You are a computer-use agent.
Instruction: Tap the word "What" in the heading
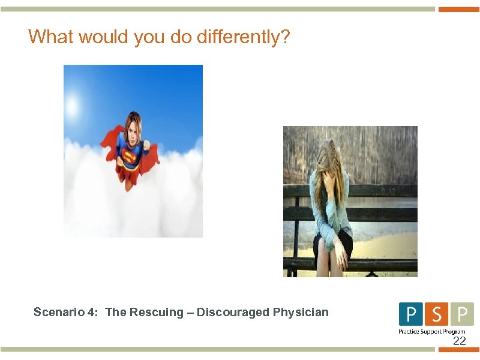point(50,37)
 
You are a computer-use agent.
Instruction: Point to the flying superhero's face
point(132,128)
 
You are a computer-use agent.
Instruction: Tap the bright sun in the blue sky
point(73,107)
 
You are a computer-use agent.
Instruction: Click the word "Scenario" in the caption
point(57,312)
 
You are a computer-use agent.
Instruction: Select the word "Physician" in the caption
point(301,312)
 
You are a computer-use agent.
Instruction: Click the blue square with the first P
point(410,314)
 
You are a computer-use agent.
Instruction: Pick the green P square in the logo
point(461,314)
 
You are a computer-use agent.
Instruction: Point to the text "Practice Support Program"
point(432,331)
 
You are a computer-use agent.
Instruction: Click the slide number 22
point(459,341)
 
